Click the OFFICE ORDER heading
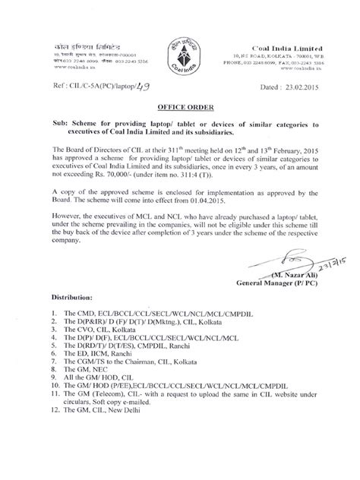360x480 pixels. [x=181, y=108]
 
